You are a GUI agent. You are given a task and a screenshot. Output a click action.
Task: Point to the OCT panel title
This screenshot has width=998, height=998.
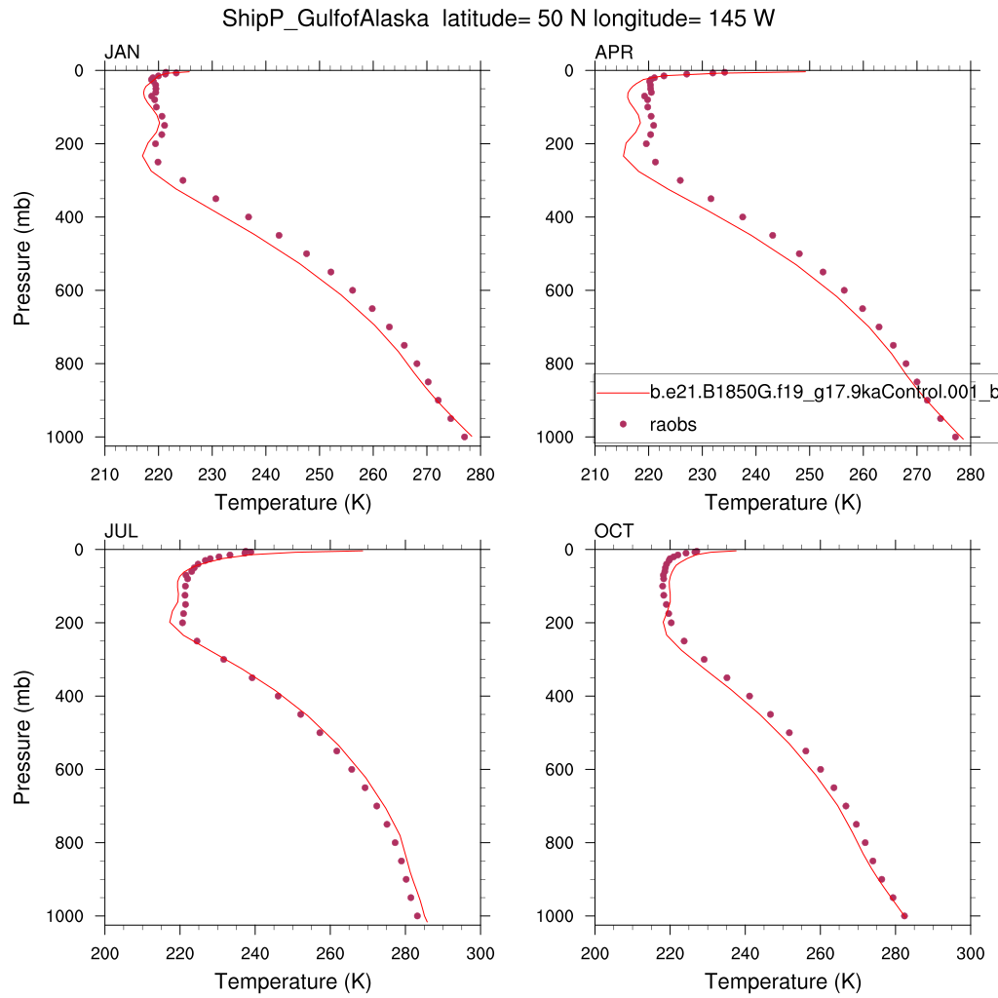point(614,531)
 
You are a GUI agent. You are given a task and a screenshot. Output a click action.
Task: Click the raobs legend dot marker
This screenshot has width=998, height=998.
point(622,424)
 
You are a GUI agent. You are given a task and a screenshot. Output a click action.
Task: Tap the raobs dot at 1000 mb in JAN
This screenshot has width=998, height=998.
point(464,437)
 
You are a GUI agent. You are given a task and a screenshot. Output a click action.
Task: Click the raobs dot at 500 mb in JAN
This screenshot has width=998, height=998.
point(306,253)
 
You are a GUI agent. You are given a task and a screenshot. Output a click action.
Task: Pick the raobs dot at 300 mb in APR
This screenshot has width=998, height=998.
point(680,180)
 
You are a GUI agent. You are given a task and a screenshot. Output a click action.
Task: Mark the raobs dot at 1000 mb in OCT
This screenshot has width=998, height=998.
point(904,915)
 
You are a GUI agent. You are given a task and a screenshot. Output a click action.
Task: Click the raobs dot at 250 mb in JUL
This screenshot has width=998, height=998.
point(197,640)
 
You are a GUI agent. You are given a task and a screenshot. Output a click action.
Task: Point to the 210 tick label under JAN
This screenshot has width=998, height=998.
point(104,475)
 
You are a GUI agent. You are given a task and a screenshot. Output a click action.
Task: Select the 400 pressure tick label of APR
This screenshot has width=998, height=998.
point(560,216)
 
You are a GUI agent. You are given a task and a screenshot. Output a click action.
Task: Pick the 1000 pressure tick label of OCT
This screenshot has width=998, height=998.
point(556,915)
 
